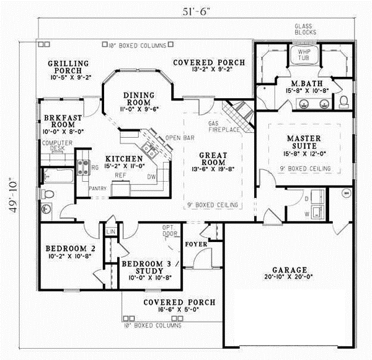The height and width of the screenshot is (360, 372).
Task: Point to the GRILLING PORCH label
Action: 68,67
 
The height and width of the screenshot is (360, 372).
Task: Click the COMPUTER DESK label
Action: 53,146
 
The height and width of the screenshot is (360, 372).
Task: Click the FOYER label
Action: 196,244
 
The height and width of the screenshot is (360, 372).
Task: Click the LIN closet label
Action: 112,232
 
